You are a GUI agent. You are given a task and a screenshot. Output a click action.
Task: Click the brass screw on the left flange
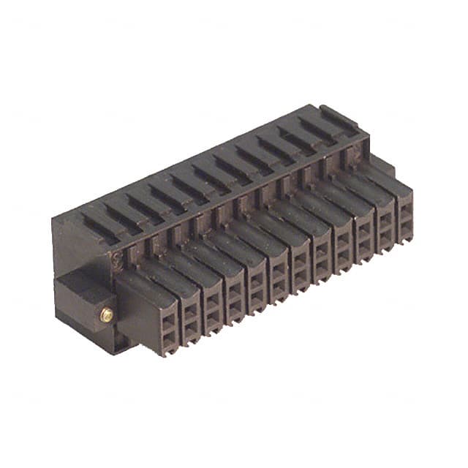pos(107,314)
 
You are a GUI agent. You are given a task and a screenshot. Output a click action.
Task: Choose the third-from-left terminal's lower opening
pos(212,316)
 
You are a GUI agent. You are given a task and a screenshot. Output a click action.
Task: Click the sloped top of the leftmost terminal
pos(146,282)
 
